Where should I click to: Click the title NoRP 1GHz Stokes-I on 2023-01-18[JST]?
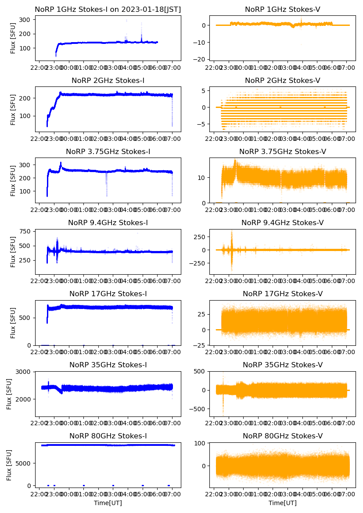coord(108,9)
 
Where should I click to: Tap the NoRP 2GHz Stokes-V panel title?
coord(282,80)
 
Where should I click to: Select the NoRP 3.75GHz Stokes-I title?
coord(108,151)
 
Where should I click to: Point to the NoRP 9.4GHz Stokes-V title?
coord(282,222)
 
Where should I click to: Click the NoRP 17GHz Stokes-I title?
coord(108,294)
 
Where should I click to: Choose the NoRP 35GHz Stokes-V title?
coord(282,365)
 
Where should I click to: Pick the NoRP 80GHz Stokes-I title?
coord(108,436)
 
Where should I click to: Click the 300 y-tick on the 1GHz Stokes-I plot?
coord(24,20)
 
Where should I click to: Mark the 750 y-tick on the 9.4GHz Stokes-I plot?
coord(24,232)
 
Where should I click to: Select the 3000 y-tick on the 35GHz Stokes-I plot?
coord(22,372)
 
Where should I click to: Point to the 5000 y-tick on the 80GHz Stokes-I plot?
coord(22,463)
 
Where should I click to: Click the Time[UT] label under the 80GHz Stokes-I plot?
coord(108,502)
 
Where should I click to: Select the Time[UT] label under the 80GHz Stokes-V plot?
coord(282,502)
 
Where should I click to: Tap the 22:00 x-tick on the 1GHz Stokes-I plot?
coord(39,68)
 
